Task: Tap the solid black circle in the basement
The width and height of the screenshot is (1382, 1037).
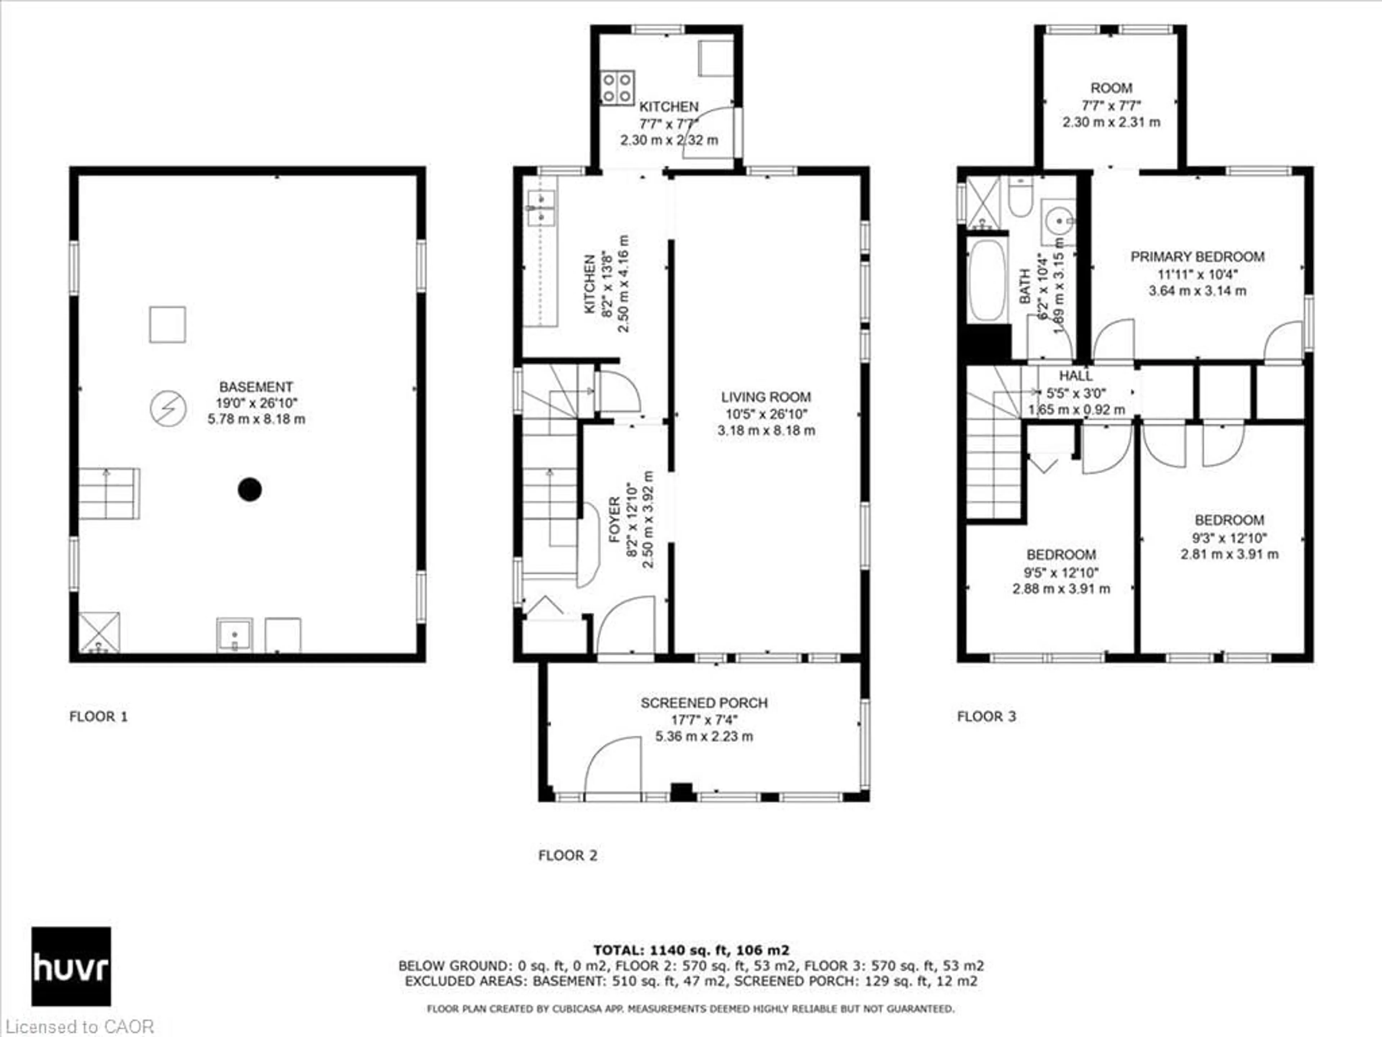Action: (249, 489)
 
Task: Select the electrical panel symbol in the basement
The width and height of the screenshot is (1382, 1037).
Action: (168, 409)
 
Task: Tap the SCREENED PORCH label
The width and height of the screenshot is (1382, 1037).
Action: (704, 702)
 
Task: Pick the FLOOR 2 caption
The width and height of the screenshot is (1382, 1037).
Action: (567, 855)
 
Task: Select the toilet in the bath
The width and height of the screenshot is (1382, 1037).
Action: (1020, 196)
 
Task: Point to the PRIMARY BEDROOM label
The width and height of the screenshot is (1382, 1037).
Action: (1197, 257)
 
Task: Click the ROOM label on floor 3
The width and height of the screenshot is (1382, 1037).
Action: (1111, 88)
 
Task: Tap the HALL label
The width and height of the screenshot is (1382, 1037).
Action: (1075, 376)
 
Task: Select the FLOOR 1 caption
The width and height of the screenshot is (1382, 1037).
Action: (98, 716)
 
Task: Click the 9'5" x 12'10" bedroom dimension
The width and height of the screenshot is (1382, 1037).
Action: (1061, 572)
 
